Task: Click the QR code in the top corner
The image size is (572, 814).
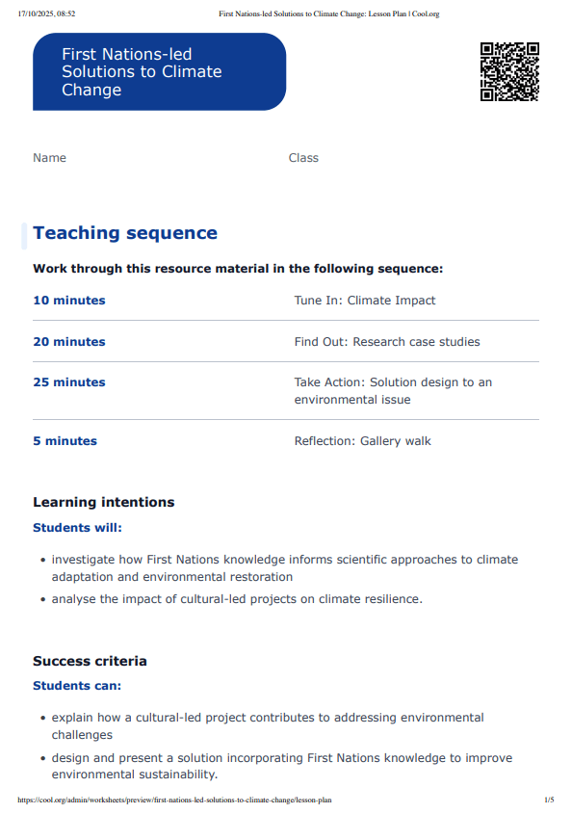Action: point(509,71)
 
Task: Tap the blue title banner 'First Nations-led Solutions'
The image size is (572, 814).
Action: point(159,71)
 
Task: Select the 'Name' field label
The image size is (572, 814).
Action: point(49,158)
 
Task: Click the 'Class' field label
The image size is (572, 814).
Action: point(303,158)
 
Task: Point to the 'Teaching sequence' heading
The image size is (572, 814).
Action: point(125,233)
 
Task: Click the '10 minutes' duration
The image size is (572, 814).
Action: point(69,301)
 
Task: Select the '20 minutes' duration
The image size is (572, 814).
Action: point(69,342)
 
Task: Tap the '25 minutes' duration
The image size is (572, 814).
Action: point(69,382)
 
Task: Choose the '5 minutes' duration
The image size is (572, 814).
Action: point(65,441)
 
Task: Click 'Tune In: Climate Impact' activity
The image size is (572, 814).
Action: point(365,301)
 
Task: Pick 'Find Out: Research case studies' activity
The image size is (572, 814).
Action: point(387,342)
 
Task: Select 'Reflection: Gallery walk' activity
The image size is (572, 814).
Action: point(363,441)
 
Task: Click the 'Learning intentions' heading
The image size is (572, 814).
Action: point(104,502)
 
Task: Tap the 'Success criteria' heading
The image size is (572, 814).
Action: point(90,661)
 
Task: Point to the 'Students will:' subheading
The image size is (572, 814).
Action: point(78,528)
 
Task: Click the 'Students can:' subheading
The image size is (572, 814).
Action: point(77,686)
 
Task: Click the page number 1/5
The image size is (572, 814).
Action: point(549,800)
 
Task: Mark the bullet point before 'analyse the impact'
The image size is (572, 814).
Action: point(43,599)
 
